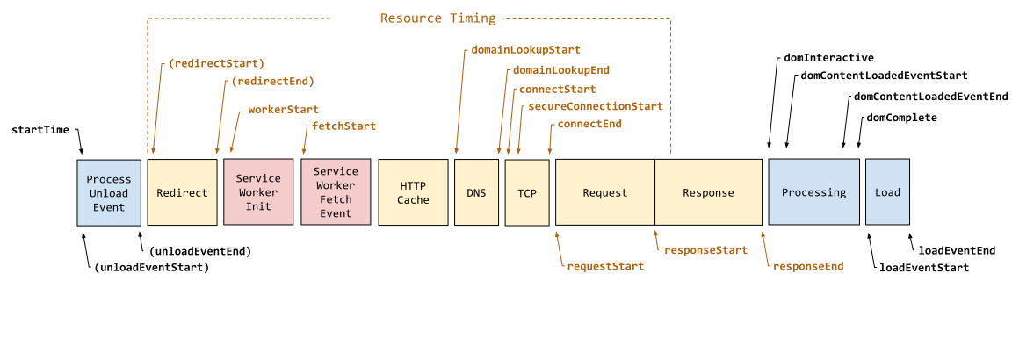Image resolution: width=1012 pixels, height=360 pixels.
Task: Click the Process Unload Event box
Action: [108, 193]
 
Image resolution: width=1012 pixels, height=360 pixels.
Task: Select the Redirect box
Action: [182, 192]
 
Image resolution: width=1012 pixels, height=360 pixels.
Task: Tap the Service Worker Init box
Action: [258, 192]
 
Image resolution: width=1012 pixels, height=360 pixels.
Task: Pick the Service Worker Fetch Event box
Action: [336, 192]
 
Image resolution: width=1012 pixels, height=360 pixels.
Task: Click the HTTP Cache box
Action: [413, 192]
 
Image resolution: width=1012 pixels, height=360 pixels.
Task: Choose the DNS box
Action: [476, 192]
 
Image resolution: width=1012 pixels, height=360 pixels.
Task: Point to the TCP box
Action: [527, 193]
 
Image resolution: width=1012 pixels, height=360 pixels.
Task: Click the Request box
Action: [605, 192]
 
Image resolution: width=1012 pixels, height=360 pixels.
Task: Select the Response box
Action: [708, 192]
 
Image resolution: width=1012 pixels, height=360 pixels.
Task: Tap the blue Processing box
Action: [813, 192]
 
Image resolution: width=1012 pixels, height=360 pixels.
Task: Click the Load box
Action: [887, 192]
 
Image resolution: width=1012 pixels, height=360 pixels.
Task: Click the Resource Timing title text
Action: [437, 18]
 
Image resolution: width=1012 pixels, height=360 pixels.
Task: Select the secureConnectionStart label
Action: [595, 106]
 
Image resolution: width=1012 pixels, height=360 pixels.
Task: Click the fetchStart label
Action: [343, 126]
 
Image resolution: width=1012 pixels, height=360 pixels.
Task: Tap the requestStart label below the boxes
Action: [605, 266]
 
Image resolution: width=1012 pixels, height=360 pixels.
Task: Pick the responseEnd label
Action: [807, 266]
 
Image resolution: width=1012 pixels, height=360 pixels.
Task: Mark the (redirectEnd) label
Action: [273, 81]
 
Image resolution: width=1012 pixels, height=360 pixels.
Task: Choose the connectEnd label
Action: [589, 124]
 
